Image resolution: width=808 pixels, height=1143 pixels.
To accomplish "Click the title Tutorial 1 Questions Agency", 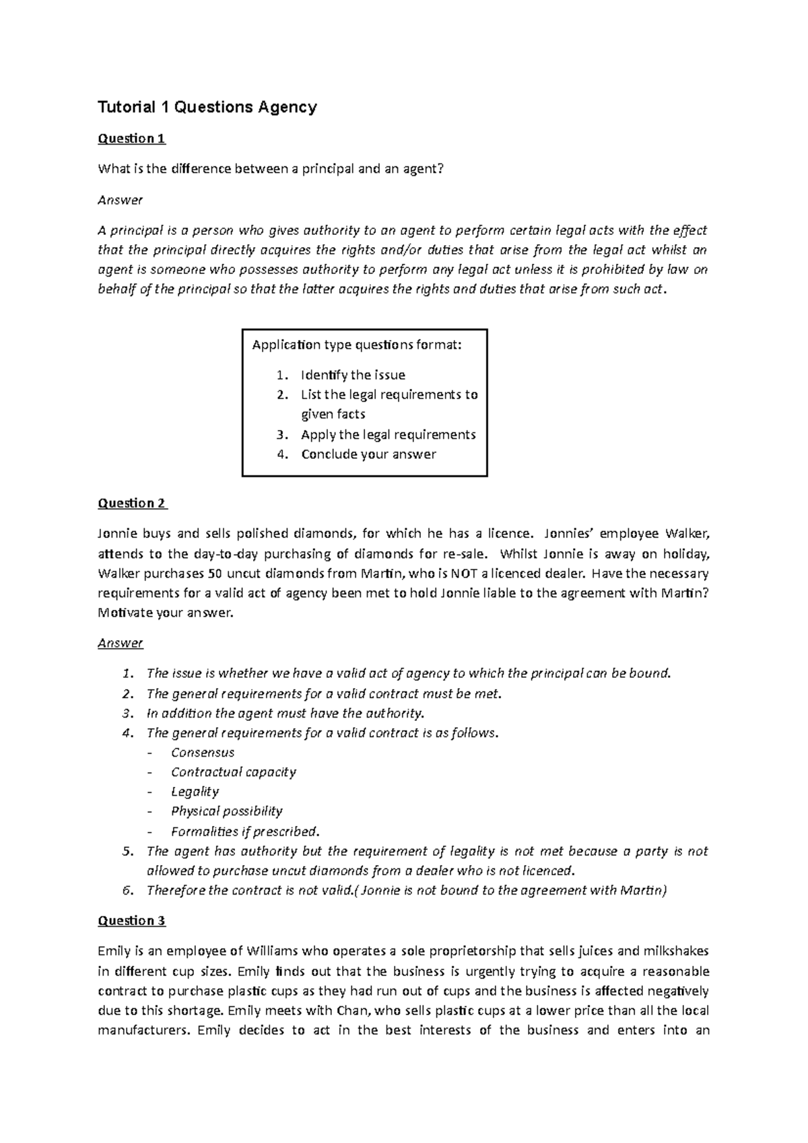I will [x=207, y=107].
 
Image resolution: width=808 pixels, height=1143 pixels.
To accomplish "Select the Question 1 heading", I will [x=131, y=139].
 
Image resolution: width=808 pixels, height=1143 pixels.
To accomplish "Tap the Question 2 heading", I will [x=132, y=504].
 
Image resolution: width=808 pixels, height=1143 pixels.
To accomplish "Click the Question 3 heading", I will [x=131, y=920].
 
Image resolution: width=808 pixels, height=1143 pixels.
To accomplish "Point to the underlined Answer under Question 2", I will [x=121, y=643].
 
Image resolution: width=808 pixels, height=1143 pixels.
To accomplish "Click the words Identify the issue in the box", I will [x=353, y=375].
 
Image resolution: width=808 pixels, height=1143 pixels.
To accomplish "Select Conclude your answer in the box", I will [x=368, y=454].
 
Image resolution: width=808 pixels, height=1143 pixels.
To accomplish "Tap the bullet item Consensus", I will [x=203, y=753].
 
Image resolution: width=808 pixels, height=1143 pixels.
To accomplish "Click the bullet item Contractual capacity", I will [x=233, y=772].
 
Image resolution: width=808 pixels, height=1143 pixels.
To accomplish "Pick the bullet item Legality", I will [x=195, y=792].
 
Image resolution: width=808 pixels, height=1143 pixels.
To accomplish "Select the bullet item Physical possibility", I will [x=226, y=811].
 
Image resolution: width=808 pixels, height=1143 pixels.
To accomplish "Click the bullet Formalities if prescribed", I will [x=244, y=831].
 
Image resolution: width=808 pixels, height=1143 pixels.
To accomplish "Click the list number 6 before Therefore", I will [x=128, y=891].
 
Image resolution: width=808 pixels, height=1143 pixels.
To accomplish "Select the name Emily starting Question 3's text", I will [x=114, y=951].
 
